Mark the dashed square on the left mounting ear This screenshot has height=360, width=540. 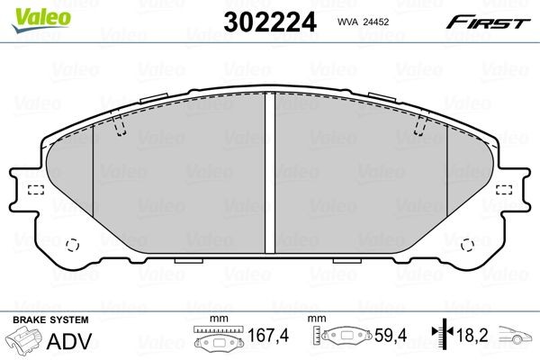[36, 189]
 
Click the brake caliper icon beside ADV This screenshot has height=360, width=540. [24, 341]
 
